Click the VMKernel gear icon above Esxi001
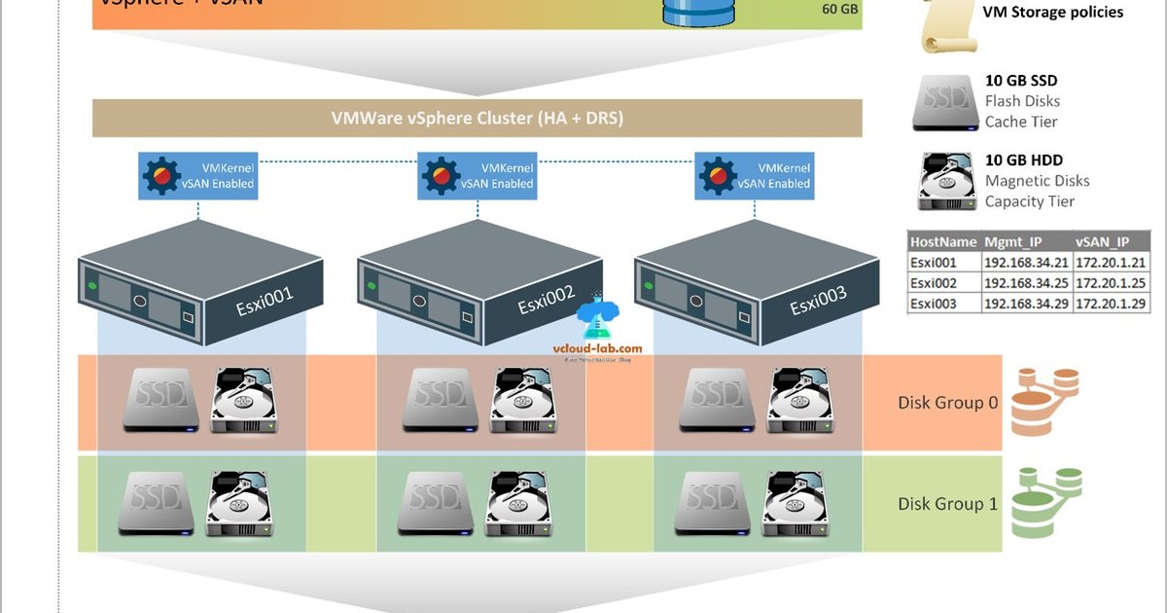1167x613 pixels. tap(161, 175)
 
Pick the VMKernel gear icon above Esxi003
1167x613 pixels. tap(718, 175)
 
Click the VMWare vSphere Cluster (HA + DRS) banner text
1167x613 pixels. tap(477, 119)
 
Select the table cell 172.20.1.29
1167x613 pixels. tap(1112, 304)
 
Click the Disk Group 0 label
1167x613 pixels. tap(947, 402)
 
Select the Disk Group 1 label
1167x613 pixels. tap(947, 504)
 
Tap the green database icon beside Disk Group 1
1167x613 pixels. tap(1045, 502)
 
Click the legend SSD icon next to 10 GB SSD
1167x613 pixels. tap(944, 102)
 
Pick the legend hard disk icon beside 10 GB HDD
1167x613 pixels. tap(945, 181)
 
